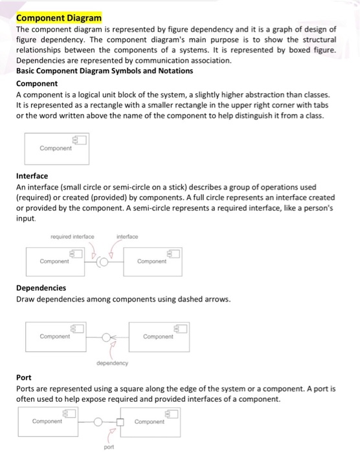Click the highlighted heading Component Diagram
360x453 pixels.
click(54, 18)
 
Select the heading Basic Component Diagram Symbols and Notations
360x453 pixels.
click(104, 71)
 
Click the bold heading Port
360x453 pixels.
click(23, 377)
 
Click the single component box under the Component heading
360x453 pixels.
click(56, 148)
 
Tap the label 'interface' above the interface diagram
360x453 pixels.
click(128, 237)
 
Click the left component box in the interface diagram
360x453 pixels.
click(56, 261)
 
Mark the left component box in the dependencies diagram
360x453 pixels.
click(56, 337)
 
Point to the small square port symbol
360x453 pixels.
click(120, 421)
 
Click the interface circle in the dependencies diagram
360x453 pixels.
click(107, 337)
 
